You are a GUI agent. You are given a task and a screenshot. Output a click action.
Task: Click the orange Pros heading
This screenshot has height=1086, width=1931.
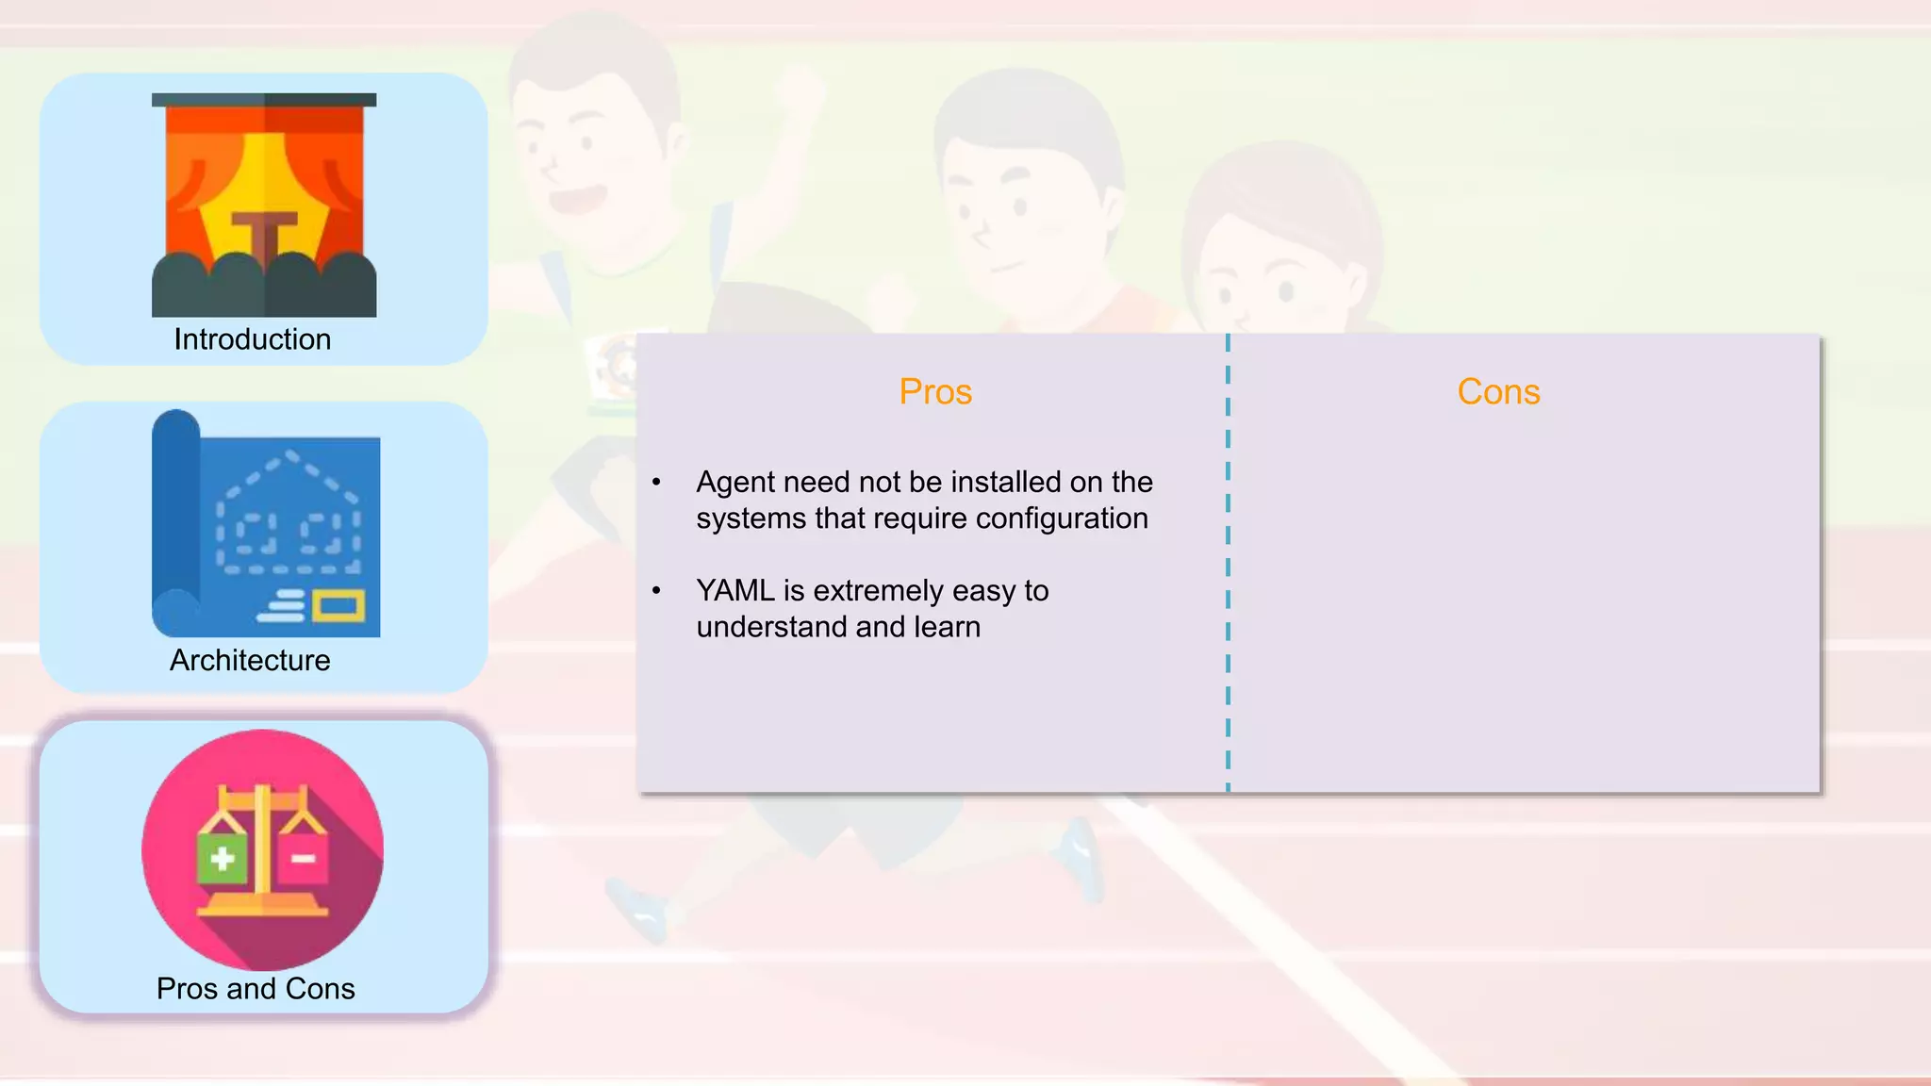934,391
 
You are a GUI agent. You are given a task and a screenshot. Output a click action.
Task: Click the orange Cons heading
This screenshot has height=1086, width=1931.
1498,391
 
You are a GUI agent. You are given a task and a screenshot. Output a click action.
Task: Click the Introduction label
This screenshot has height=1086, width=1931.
253,339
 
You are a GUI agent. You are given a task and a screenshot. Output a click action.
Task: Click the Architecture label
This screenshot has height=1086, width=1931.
250,660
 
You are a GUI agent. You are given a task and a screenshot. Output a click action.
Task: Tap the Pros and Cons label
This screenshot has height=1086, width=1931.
256,988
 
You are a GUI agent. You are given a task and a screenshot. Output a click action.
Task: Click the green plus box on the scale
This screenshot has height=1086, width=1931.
223,857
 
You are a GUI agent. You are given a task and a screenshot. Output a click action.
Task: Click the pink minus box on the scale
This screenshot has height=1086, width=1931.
303,857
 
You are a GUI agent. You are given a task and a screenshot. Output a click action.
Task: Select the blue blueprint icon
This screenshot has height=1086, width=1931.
266,524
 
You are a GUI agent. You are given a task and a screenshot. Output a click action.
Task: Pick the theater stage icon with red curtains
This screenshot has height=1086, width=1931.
264,205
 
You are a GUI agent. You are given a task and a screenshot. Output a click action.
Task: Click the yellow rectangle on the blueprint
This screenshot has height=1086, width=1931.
338,606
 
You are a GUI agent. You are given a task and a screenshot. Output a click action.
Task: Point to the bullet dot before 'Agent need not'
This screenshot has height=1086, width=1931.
656,484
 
